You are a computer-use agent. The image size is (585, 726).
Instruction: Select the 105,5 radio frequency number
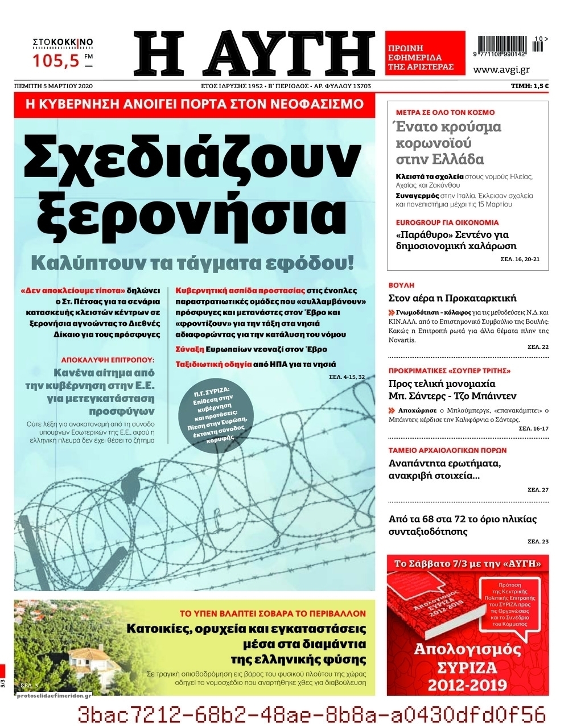57,60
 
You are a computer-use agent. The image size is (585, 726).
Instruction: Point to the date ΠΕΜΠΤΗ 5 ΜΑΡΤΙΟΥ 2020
53,86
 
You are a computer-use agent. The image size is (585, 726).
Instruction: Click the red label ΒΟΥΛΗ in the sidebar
401,285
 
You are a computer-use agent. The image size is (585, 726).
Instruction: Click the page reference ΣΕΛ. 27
538,489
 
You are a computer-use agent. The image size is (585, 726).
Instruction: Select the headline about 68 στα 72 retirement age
462,525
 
